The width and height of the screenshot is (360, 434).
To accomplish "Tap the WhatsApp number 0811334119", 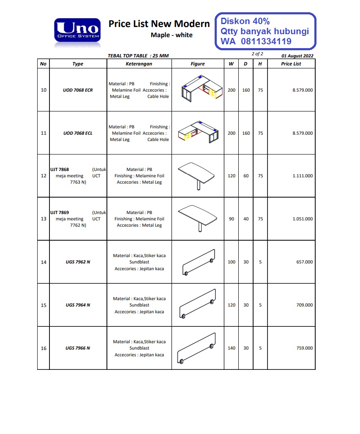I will [266, 41].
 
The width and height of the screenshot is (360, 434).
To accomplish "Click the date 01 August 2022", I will [297, 56].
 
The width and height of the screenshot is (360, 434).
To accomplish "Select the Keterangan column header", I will [139, 64].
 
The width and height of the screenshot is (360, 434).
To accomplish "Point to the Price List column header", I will [291, 64].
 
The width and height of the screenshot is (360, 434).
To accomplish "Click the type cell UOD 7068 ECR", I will [78, 90].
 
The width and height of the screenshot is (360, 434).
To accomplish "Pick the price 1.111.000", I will [303, 176].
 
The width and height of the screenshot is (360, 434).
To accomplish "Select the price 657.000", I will [304, 262].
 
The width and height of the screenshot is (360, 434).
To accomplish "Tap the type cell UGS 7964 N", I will [78, 305].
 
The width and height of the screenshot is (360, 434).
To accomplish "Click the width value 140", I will [232, 348].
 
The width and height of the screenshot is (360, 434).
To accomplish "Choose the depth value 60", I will [246, 176].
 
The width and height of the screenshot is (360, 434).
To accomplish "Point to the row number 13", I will [44, 219].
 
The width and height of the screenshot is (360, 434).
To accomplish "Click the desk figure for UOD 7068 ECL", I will [198, 133].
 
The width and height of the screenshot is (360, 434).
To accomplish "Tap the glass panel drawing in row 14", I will [198, 262].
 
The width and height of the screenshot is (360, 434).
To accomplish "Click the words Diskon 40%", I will [245, 21].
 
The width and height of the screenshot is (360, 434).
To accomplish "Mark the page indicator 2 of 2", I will [257, 54].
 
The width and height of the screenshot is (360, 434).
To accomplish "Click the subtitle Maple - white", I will [172, 35].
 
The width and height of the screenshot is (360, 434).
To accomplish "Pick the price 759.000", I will [304, 348].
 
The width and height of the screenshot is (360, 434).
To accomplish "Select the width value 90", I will [232, 219].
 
